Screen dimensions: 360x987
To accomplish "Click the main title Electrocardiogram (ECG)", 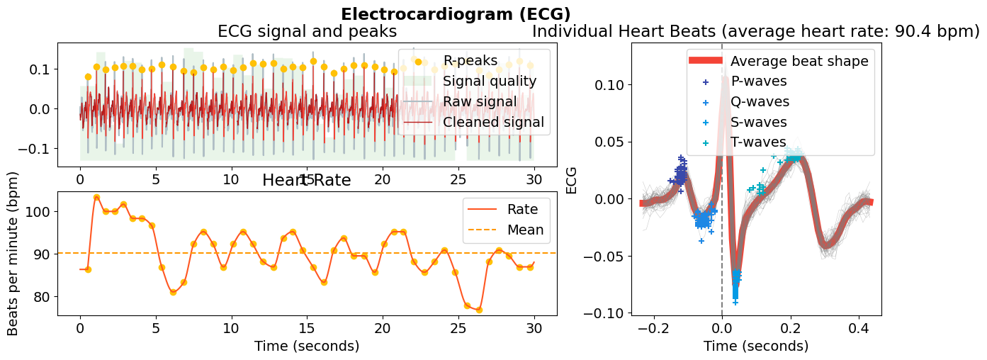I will click(456, 14).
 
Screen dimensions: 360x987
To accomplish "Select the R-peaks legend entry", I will click(470, 60).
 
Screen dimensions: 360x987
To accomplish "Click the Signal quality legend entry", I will click(490, 81).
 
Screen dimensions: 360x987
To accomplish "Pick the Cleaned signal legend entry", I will click(493, 122).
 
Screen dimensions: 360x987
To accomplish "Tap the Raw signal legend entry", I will click(482, 101).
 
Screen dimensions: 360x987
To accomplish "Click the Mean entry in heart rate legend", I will click(525, 230).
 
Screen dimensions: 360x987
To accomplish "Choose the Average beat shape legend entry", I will click(799, 61).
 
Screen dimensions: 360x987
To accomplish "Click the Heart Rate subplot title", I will click(306, 180).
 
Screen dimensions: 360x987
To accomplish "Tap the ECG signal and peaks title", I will click(307, 32).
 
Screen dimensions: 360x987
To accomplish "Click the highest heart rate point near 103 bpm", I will click(96, 197).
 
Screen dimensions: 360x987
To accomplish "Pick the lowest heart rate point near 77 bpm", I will click(479, 310).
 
